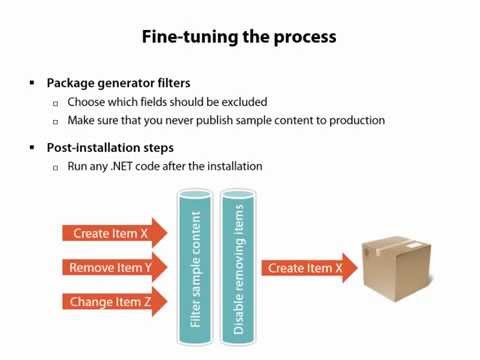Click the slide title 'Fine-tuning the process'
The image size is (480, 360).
point(239,37)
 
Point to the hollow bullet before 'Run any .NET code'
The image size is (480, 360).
point(56,167)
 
